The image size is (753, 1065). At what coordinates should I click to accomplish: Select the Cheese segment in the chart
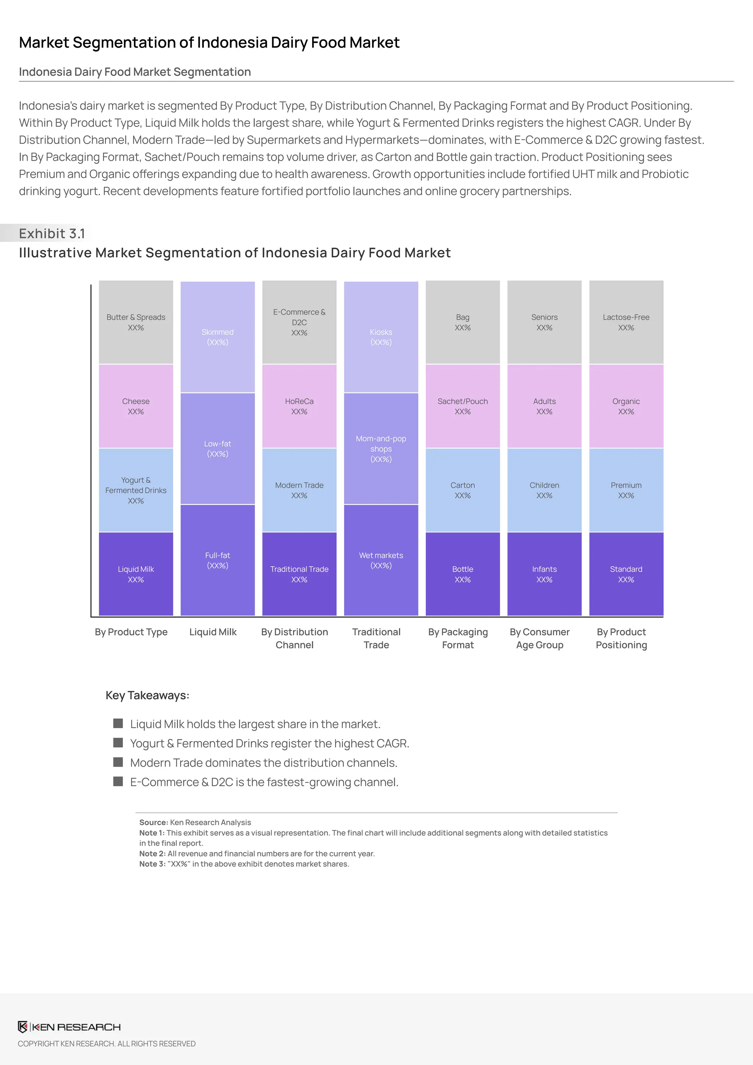pyautogui.click(x=136, y=406)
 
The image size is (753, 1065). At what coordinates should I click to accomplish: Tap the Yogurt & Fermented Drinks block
pyautogui.click(x=136, y=490)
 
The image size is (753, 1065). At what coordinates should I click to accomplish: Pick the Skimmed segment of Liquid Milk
pyautogui.click(x=217, y=337)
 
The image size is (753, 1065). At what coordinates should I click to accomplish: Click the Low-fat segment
pyautogui.click(x=217, y=449)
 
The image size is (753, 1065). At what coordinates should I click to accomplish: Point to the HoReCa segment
pyautogui.click(x=299, y=406)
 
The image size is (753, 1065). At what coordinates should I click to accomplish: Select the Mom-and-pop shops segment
pyautogui.click(x=381, y=449)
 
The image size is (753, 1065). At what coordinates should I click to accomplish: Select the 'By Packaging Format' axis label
pyautogui.click(x=458, y=638)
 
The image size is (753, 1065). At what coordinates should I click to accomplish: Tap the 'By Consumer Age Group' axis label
pyautogui.click(x=540, y=638)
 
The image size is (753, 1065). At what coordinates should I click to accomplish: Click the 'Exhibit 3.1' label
pyautogui.click(x=52, y=233)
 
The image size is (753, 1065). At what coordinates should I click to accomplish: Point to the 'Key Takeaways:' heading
pyautogui.click(x=147, y=695)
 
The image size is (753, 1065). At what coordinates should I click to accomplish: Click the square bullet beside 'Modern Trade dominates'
pyautogui.click(x=118, y=762)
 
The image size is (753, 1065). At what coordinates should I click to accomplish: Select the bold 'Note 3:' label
pyautogui.click(x=152, y=864)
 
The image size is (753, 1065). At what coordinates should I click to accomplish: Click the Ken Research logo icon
pyautogui.click(x=23, y=1027)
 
